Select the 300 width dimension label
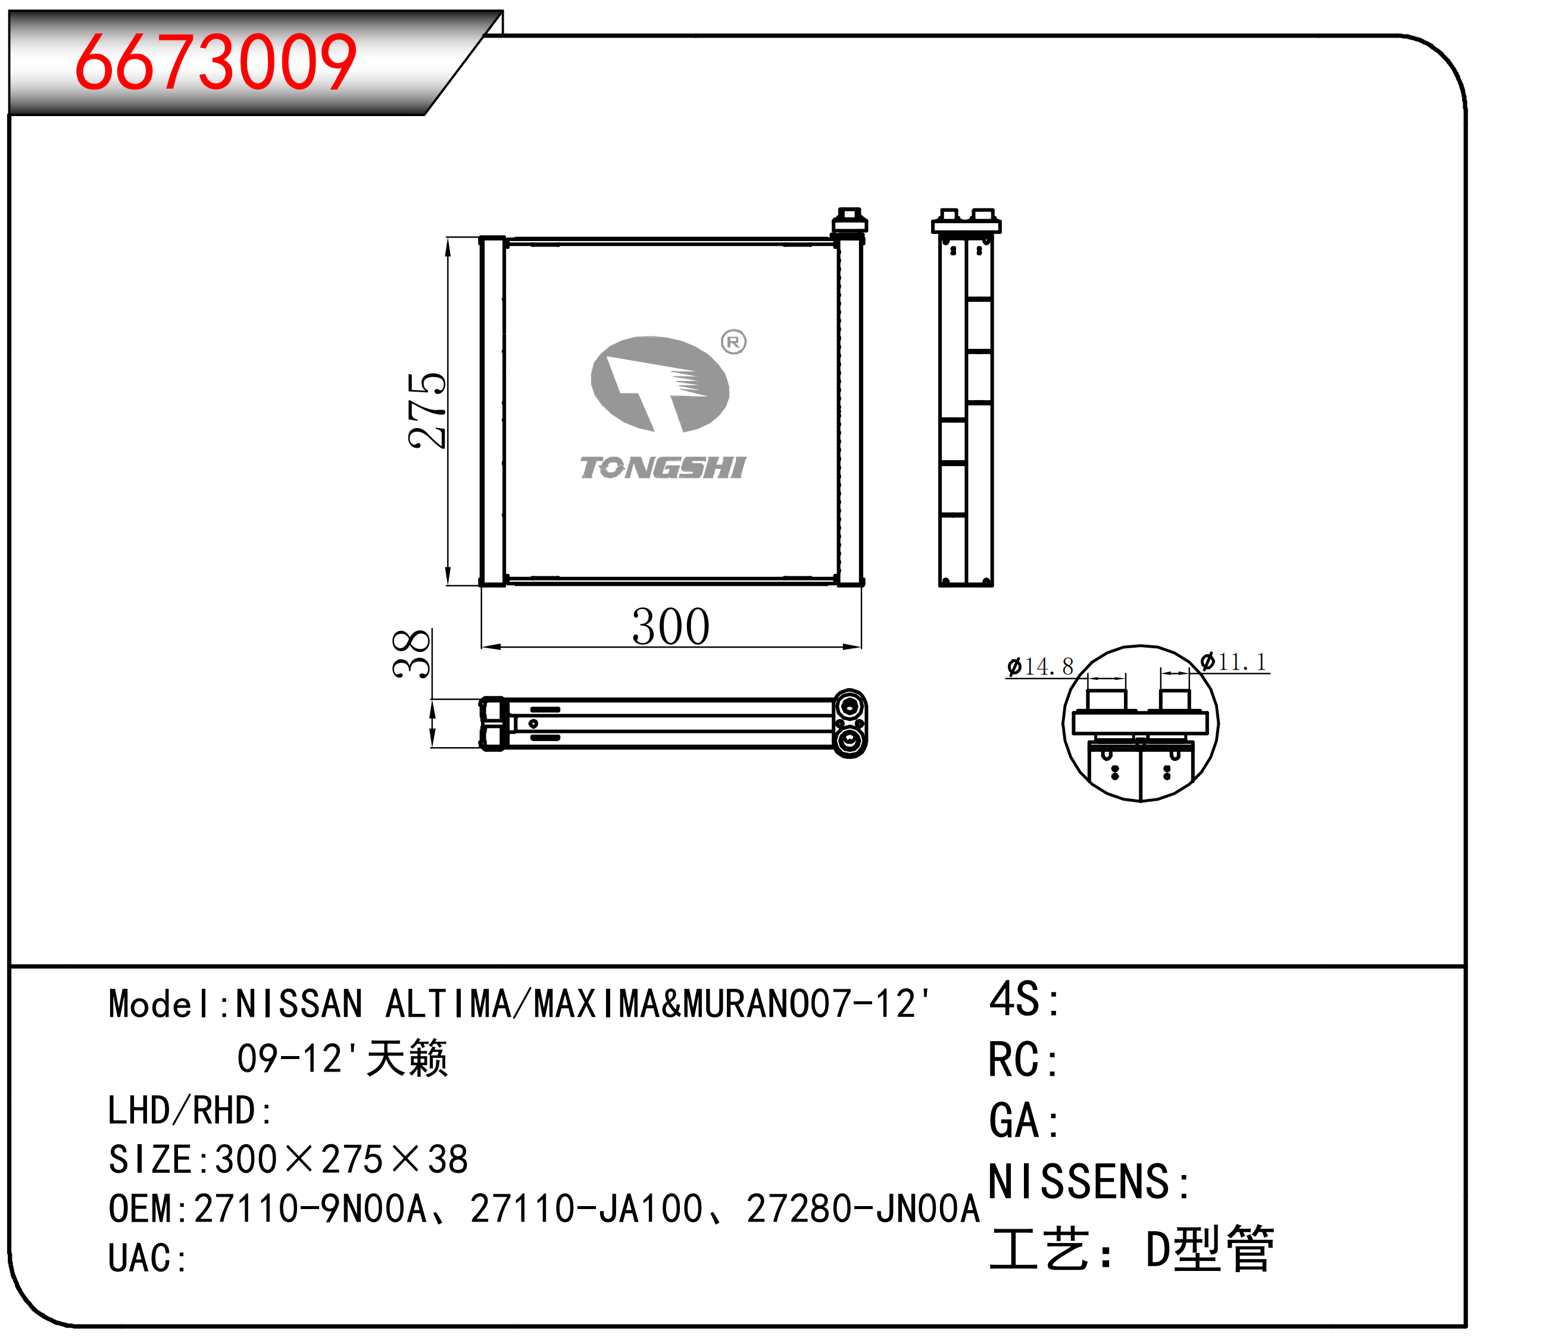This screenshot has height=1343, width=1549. click(671, 626)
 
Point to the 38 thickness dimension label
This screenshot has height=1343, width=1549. click(411, 654)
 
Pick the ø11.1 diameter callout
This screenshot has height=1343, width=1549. click(1233, 662)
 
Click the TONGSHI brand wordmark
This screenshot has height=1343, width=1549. click(663, 468)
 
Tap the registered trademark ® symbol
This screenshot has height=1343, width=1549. click(733, 342)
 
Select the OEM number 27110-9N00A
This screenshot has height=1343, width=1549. click(310, 1209)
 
